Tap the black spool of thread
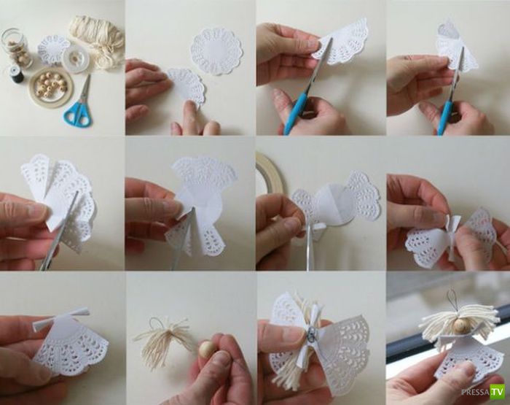tap(15, 74)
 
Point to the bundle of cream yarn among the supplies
tap(96, 39)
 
